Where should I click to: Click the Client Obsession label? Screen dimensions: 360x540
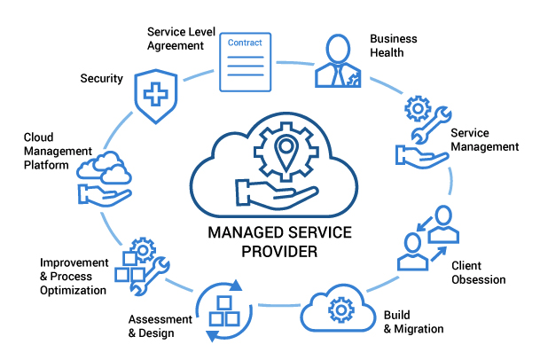click(479, 273)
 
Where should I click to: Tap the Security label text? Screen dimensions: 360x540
click(101, 79)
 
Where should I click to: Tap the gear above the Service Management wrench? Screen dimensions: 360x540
click(417, 110)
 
